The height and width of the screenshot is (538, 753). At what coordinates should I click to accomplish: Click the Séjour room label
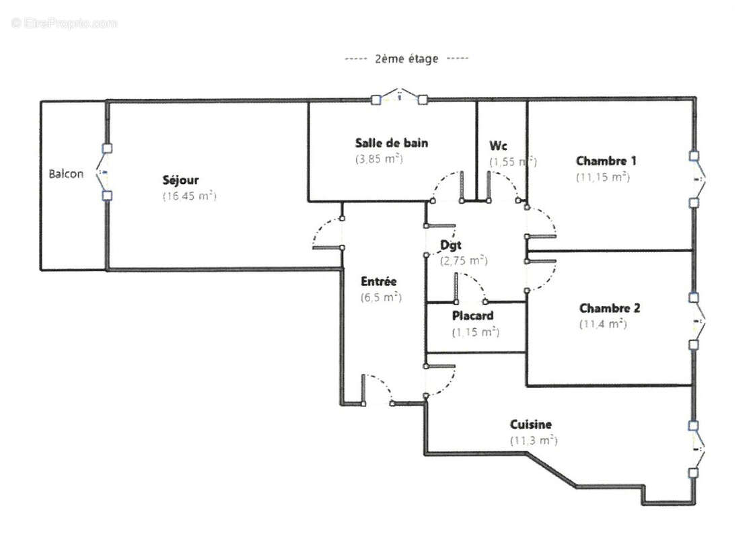coord(180,180)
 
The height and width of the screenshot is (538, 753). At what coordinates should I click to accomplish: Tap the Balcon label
coord(66,174)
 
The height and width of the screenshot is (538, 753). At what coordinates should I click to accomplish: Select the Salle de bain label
coord(391,143)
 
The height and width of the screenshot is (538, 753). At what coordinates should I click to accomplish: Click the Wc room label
coord(498,146)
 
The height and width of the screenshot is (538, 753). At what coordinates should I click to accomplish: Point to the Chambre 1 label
coord(606,161)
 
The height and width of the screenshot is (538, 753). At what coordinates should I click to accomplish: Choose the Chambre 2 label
coord(610,308)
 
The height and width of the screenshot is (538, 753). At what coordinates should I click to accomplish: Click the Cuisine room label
coord(531,424)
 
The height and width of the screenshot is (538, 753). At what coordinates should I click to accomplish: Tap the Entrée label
coord(379,282)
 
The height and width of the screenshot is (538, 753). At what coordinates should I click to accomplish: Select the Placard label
coord(472,315)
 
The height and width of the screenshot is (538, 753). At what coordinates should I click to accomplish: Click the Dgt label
coord(450,245)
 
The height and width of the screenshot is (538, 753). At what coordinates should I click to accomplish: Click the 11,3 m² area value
coord(534,440)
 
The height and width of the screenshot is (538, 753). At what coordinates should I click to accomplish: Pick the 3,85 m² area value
coord(378,159)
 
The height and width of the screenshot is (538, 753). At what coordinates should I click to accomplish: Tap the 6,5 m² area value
coord(381,297)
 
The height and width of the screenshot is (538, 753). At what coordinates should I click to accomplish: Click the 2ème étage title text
coord(406,59)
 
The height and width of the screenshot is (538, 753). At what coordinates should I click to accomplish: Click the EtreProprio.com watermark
coord(65,23)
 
